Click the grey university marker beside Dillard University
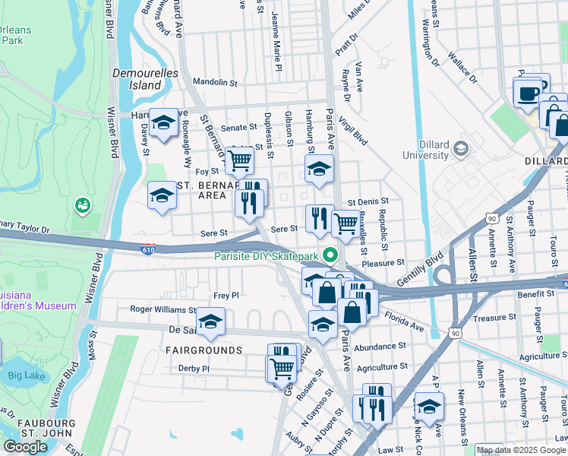coord(460,150)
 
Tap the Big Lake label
coord(27,375)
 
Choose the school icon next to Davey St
coord(163,124)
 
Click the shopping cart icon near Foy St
coord(240,160)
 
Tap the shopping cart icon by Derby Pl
coord(281,369)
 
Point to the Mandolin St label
coord(216,81)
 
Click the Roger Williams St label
coord(163,310)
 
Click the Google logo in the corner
coord(26,446)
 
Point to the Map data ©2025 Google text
coord(520,450)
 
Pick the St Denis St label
coord(368,202)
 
